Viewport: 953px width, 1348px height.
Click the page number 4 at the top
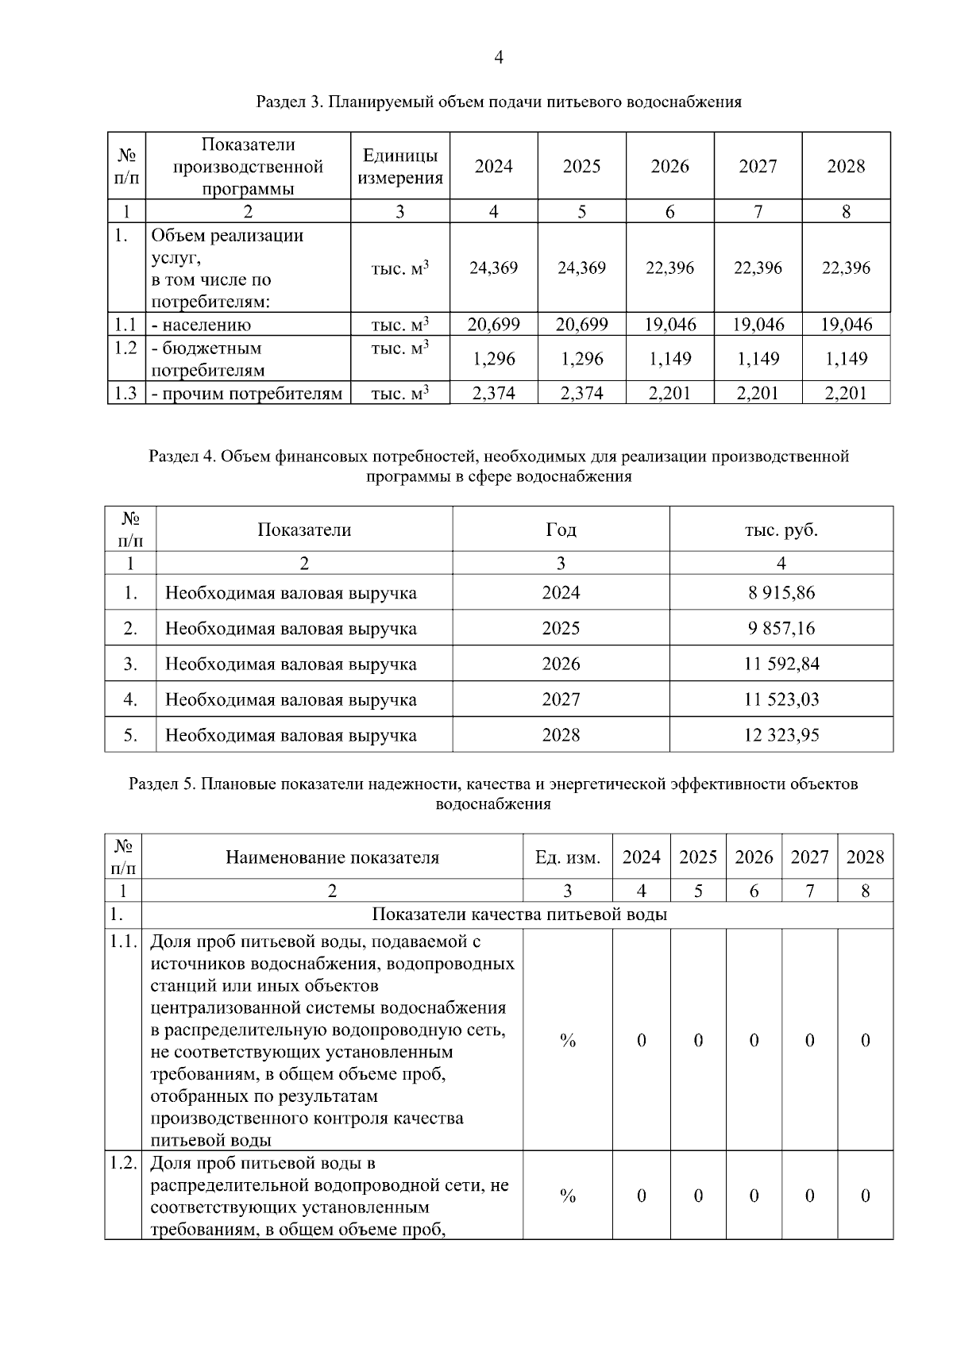pyautogui.click(x=499, y=57)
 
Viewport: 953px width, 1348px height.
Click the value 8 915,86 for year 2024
pyautogui.click(x=781, y=592)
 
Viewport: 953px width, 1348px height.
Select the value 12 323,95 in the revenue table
pyautogui.click(x=781, y=735)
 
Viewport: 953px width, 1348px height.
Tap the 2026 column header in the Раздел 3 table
pyautogui.click(x=669, y=166)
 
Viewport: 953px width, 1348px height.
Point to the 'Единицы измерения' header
pyautogui.click(x=399, y=166)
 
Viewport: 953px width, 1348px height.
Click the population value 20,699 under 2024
pyautogui.click(x=493, y=324)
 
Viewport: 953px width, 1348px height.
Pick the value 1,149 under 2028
pyautogui.click(x=846, y=359)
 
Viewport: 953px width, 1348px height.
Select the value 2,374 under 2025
pyautogui.click(x=581, y=393)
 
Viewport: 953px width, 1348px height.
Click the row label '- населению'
pyautogui.click(x=202, y=325)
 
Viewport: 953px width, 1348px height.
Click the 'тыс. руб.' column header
pyautogui.click(x=781, y=530)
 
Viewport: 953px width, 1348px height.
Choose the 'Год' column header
pyautogui.click(x=561, y=530)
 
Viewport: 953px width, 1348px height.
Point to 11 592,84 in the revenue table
pyautogui.click(x=781, y=664)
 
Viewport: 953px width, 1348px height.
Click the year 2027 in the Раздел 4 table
pyautogui.click(x=561, y=699)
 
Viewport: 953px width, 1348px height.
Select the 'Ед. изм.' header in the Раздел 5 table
pyautogui.click(x=567, y=857)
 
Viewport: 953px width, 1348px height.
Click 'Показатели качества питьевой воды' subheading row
pyautogui.click(x=519, y=915)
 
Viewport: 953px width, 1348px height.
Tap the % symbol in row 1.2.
pyautogui.click(x=567, y=1196)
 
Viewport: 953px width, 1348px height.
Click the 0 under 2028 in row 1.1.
pyautogui.click(x=865, y=1040)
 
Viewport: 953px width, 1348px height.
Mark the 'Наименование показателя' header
pyautogui.click(x=332, y=857)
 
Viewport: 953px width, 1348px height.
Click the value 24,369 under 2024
pyautogui.click(x=493, y=268)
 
